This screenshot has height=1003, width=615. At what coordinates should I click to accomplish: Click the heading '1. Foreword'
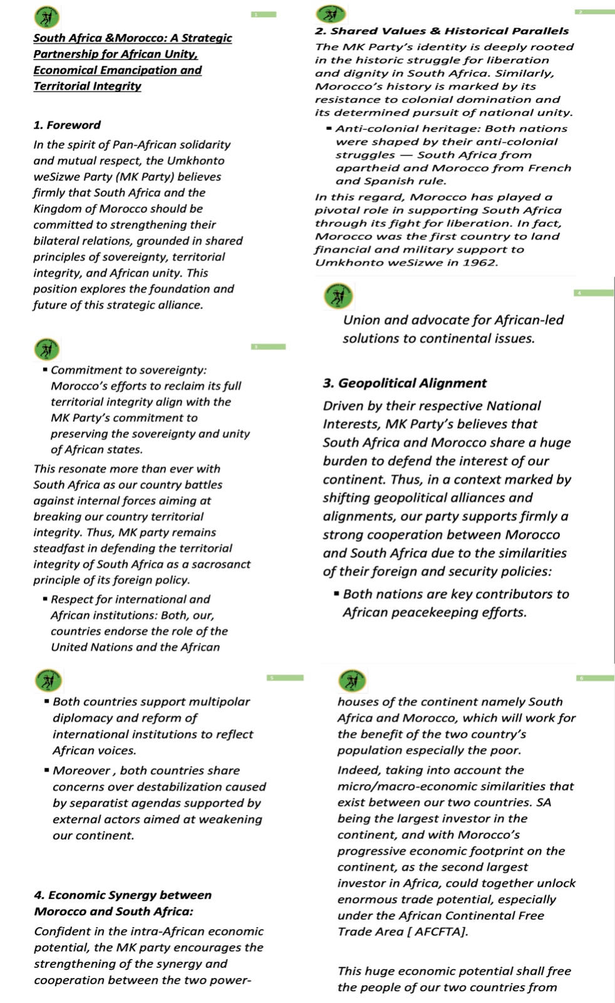67,125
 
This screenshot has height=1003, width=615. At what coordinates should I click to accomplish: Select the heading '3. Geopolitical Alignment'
405,383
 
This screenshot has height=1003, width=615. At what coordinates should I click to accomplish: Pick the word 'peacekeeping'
438,612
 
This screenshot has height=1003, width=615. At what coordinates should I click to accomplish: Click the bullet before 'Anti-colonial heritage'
329,129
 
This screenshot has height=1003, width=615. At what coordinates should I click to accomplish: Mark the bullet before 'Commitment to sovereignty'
46,370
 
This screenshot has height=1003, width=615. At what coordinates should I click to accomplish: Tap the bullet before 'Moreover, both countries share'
47,770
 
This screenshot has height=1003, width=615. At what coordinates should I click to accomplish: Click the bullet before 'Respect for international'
46,599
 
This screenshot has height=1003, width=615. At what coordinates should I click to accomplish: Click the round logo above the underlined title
48,15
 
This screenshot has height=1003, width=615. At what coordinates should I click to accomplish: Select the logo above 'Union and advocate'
338,296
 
